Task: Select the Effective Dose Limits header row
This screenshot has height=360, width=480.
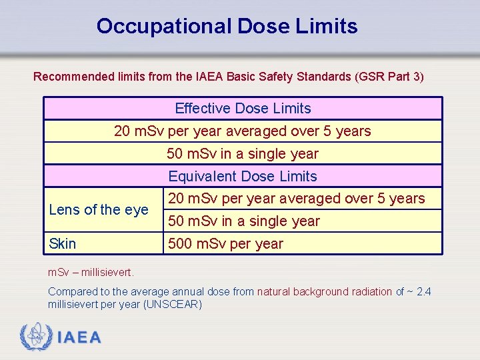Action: tap(243, 109)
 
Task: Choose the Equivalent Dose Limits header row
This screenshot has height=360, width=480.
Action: tap(243, 177)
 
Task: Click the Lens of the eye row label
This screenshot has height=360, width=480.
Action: tap(99, 210)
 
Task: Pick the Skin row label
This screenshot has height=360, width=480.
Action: tap(63, 244)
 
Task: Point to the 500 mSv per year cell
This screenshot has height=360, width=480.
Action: tap(225, 244)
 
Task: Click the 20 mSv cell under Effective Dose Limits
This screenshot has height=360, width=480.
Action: tap(243, 131)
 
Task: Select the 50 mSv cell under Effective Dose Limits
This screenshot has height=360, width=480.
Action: tap(243, 154)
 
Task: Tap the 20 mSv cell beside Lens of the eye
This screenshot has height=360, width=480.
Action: tap(296, 199)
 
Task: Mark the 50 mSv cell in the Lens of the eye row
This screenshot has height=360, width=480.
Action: tap(244, 221)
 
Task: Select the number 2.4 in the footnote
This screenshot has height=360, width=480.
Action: tap(424, 291)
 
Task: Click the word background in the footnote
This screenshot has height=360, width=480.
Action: tap(320, 291)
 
